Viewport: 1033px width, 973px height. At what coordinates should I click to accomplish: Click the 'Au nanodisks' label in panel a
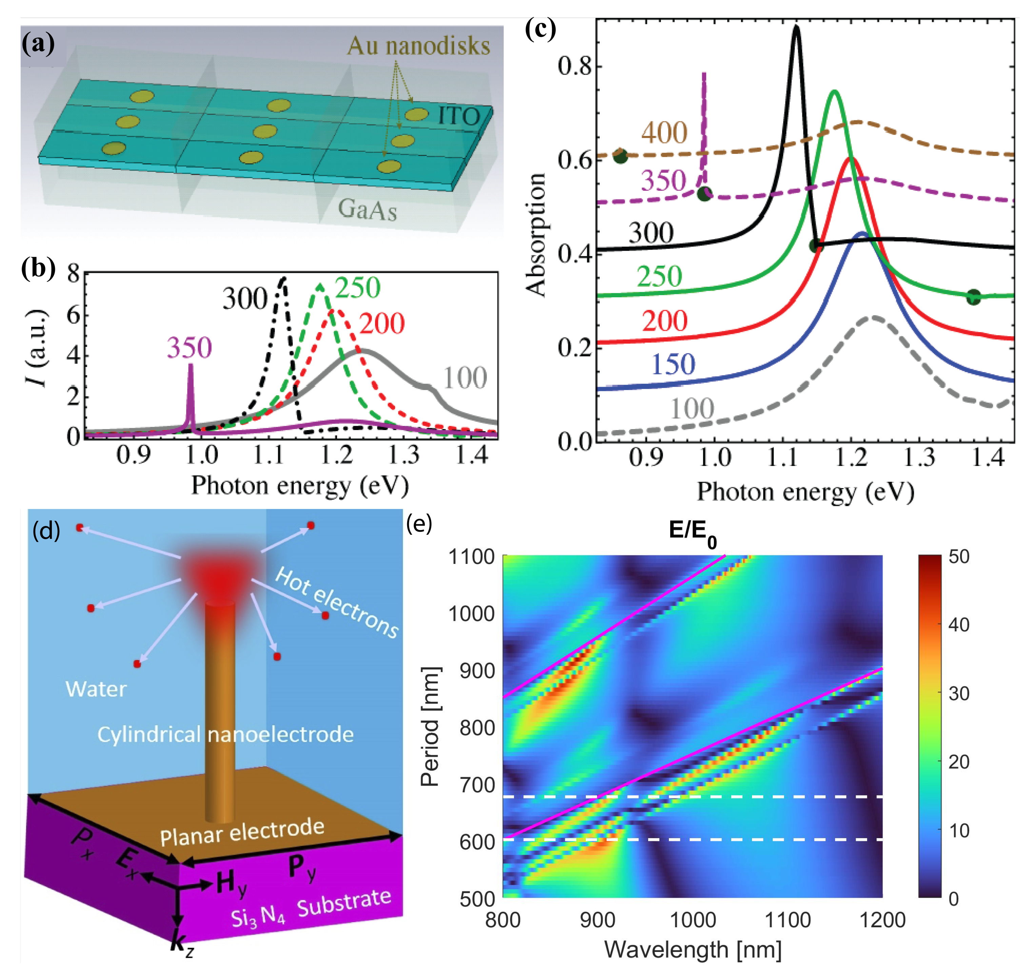tap(418, 46)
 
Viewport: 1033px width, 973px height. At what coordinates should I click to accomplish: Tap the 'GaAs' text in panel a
tap(367, 210)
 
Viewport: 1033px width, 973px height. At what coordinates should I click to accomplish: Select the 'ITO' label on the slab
tap(459, 116)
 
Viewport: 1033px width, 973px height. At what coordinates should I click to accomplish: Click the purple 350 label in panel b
tap(189, 347)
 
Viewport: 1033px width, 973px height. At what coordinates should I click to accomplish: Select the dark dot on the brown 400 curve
tap(620, 155)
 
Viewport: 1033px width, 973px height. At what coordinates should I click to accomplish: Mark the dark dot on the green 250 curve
tap(973, 298)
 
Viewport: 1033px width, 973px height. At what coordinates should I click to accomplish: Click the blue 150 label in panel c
tap(673, 364)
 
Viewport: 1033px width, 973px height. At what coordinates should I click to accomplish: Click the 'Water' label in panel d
tap(96, 689)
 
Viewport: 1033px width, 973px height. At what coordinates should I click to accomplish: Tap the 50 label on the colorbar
tap(959, 556)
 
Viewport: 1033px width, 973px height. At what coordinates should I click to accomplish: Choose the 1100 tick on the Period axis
tap(471, 557)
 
